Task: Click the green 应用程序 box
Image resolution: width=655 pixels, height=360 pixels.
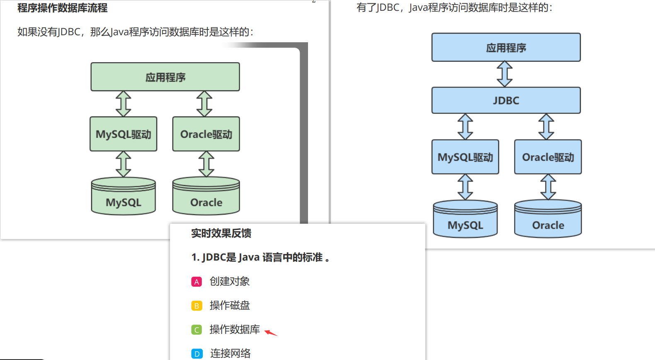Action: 165,77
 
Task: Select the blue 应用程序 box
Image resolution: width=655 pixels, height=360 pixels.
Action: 506,47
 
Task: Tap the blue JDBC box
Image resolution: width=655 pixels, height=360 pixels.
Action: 506,100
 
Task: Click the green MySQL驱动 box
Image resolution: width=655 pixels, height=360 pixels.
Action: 123,134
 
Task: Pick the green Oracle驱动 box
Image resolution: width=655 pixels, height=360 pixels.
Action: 206,134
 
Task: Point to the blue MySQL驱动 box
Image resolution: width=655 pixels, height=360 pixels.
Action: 465,157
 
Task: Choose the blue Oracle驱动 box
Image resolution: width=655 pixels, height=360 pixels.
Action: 548,157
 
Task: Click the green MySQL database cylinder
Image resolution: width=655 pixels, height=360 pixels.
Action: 123,197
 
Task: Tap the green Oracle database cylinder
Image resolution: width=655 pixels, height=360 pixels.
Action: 206,197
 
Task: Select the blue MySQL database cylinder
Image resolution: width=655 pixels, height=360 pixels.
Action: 465,220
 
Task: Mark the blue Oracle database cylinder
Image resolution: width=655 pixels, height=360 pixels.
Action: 548,220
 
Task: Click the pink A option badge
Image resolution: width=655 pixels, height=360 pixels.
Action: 196,282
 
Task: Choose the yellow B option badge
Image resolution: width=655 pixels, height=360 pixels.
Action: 196,306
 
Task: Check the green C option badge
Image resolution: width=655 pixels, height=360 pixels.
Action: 196,330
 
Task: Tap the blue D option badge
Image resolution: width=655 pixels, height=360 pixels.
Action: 196,354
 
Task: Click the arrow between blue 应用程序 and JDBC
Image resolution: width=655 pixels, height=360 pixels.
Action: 505,74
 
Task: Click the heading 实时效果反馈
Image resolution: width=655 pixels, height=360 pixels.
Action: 221,233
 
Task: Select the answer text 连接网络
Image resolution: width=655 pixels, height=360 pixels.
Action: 230,353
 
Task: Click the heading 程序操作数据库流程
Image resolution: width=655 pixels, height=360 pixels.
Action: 62,8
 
